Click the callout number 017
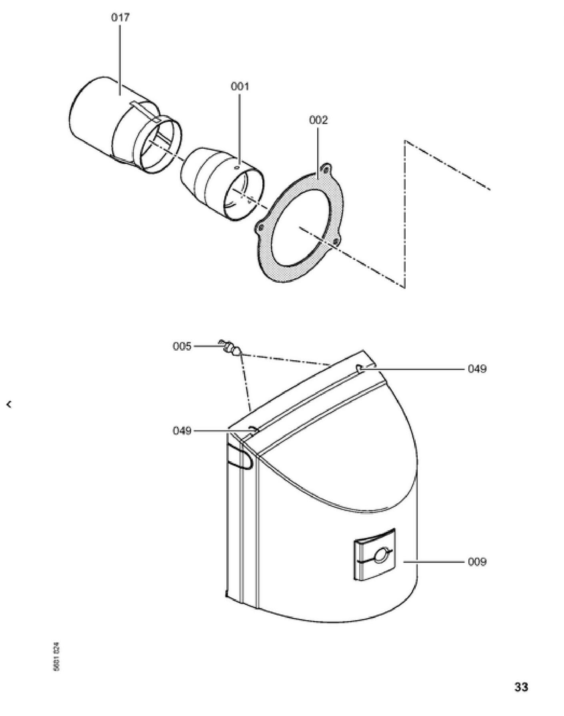(120, 18)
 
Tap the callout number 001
(240, 86)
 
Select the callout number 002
(318, 120)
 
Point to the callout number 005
(182, 346)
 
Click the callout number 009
(477, 562)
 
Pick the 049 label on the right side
(477, 369)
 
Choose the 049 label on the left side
(182, 431)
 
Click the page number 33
(521, 687)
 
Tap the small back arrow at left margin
(9, 405)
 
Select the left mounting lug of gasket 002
(260, 227)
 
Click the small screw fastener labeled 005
(229, 347)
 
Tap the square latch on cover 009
(374, 554)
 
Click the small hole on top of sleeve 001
(237, 168)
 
